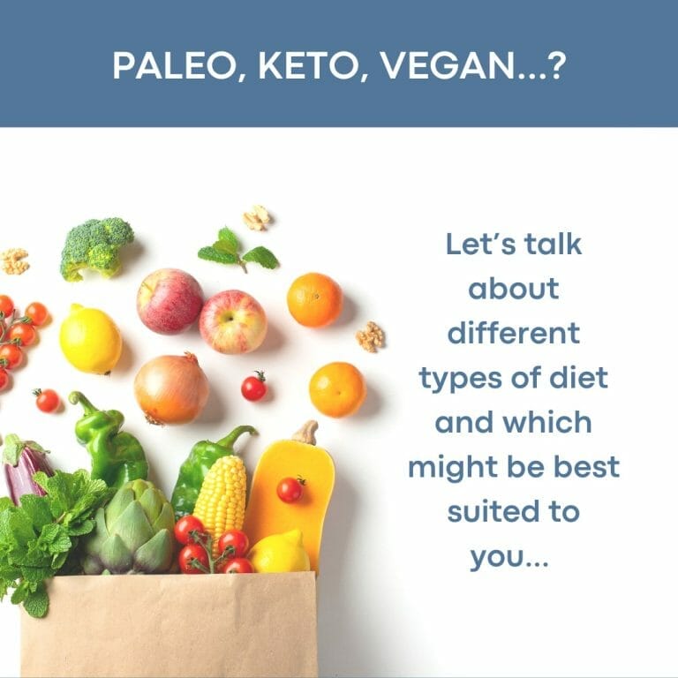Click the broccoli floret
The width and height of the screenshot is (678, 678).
[x=96, y=248]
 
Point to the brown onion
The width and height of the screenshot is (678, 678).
[x=171, y=388]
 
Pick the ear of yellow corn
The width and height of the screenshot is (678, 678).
[x=221, y=497]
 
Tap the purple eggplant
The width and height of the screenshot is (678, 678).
[x=25, y=469]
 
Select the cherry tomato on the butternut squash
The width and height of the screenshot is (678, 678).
[x=290, y=489]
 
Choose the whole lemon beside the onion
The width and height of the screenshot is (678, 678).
[x=90, y=339]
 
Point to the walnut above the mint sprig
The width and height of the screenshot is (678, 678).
[x=257, y=217]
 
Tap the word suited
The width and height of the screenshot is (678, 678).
[x=487, y=510]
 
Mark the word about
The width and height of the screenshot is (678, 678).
[x=513, y=288]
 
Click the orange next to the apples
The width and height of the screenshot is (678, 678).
[x=315, y=299]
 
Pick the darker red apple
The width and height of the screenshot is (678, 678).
[x=169, y=301]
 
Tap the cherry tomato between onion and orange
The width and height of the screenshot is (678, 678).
[x=254, y=386]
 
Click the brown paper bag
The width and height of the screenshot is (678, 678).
[x=169, y=625]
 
